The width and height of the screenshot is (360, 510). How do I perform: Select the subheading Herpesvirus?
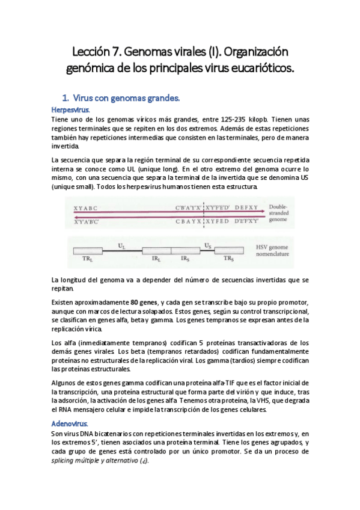(70, 110)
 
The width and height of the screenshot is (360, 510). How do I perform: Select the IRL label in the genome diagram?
(156, 259)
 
